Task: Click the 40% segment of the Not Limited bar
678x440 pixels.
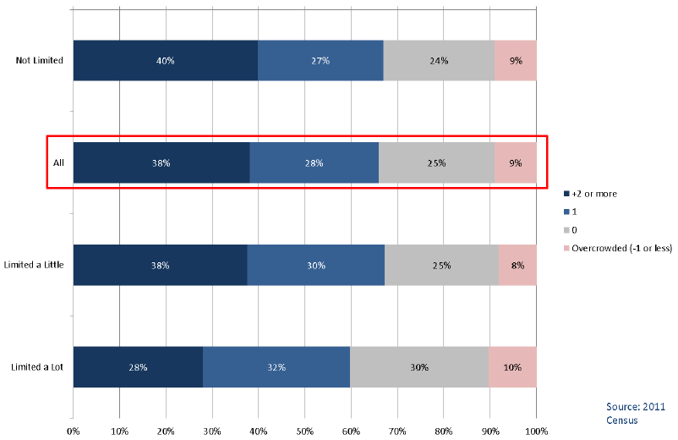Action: (166, 61)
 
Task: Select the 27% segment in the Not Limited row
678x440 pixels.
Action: (321, 61)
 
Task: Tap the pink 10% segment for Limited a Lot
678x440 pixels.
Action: (512, 367)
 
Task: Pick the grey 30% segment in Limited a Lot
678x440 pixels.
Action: (419, 367)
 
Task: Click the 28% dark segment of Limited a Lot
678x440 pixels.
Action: (138, 367)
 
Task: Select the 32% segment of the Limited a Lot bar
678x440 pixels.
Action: (276, 367)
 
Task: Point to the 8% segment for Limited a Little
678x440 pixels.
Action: (517, 265)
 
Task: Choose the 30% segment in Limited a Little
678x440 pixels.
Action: (316, 265)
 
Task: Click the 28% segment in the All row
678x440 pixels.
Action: (314, 162)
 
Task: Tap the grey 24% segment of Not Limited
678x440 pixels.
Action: (439, 61)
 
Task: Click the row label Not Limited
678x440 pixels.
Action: (40, 60)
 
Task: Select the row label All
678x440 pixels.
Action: (58, 162)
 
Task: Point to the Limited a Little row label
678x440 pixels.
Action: (34, 264)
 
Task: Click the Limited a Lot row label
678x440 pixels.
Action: (37, 367)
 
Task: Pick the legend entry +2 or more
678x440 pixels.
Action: (591, 194)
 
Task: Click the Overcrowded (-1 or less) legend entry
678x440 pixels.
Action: (618, 248)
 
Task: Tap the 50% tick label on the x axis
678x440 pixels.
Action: (305, 431)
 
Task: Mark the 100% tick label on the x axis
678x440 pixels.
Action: (537, 431)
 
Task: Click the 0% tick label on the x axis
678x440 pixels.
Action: (73, 431)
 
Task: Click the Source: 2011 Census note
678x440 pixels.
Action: (636, 413)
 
